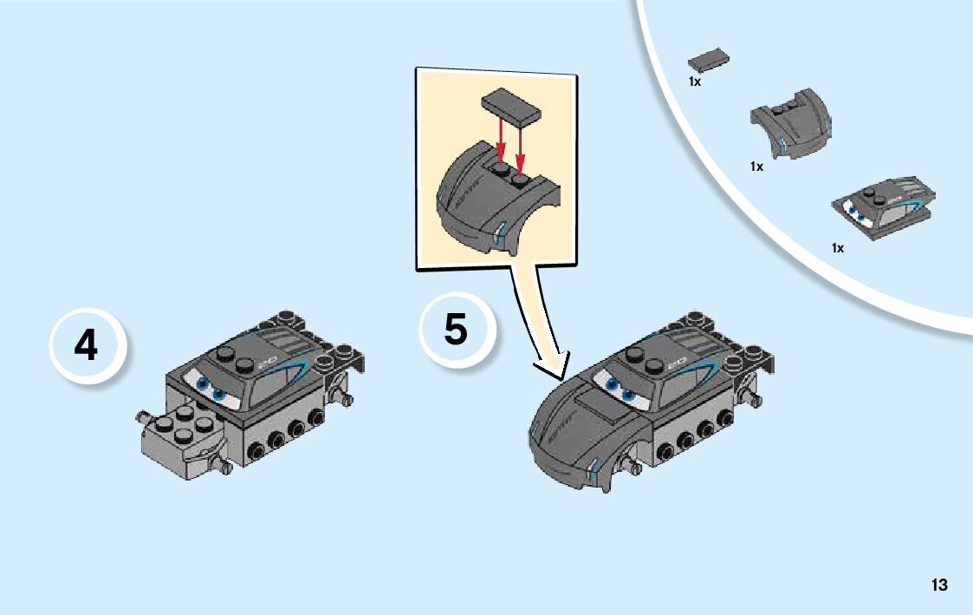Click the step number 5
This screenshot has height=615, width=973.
point(456,330)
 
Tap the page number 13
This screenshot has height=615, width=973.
point(939,585)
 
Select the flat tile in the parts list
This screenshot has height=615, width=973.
point(708,60)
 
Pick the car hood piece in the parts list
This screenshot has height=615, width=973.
point(789,123)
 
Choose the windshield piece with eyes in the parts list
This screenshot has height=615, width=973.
point(884,207)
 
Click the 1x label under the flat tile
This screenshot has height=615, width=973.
point(694,82)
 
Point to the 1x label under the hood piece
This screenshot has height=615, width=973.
point(756,167)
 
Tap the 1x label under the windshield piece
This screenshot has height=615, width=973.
point(838,248)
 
